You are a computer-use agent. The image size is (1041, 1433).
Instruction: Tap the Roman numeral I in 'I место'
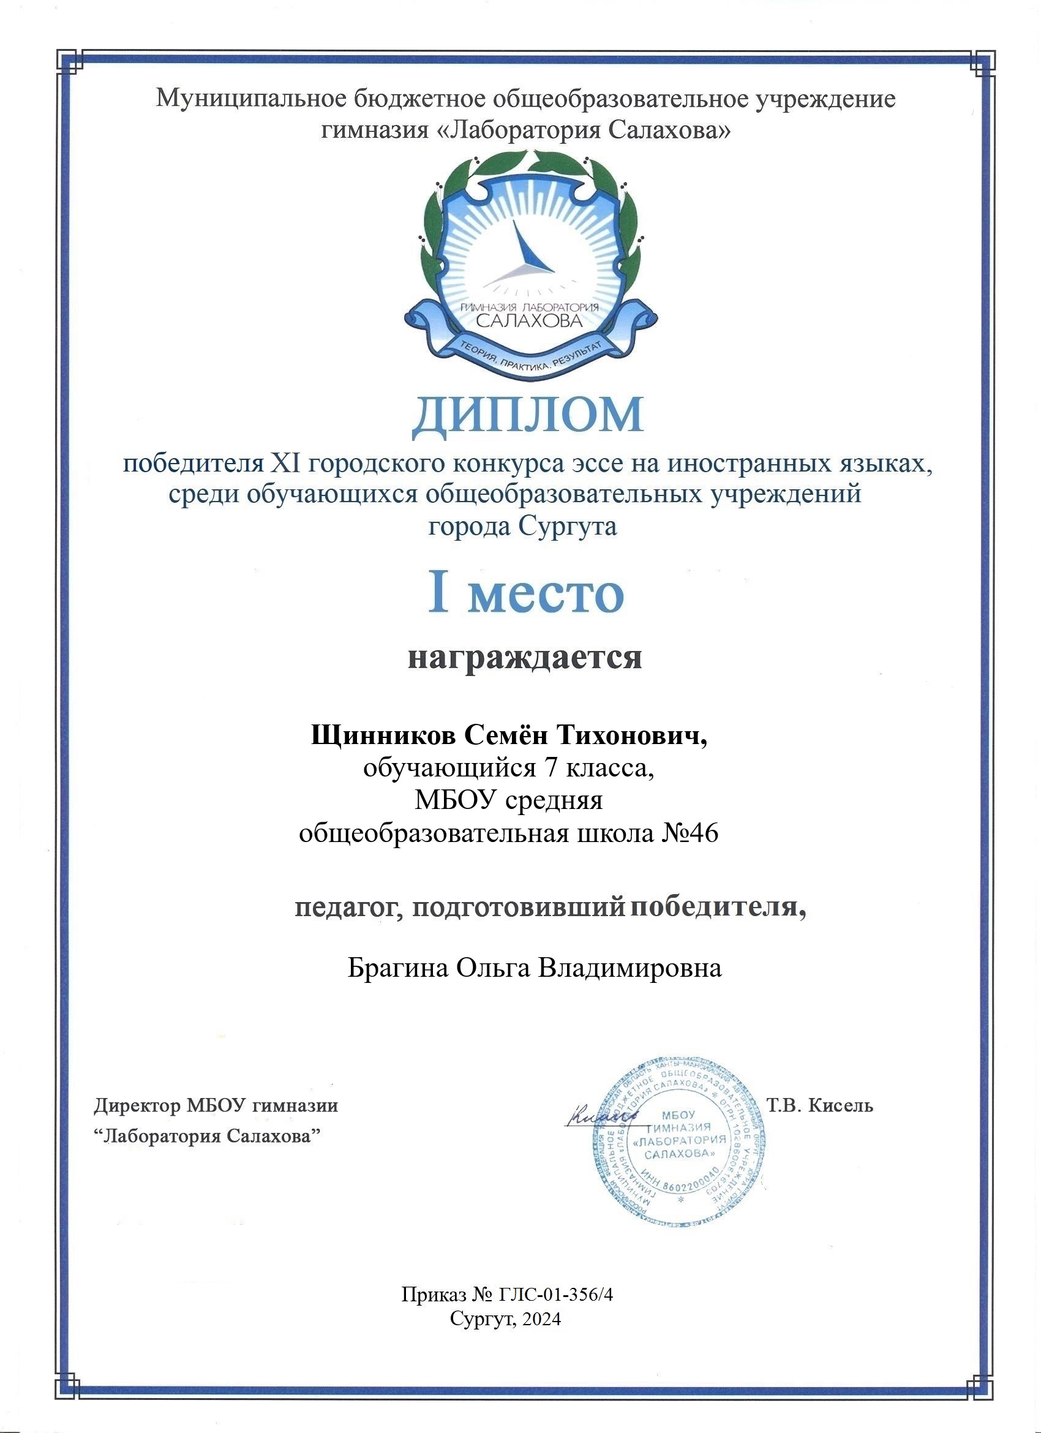(438, 593)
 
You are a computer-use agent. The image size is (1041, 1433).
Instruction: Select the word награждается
(524, 657)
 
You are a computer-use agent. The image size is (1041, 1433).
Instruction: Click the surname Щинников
(381, 736)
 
